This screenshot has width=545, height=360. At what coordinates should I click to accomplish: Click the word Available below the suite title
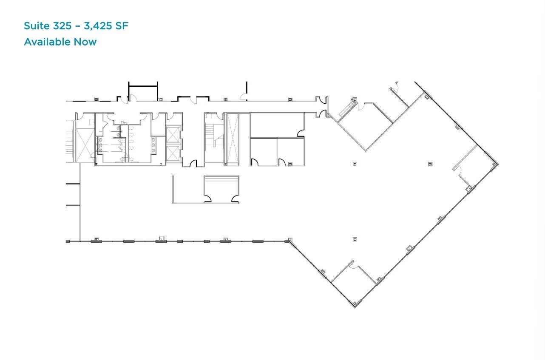pos(47,42)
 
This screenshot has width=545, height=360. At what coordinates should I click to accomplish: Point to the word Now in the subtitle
pos(85,42)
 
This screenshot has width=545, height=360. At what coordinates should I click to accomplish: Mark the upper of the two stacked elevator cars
pos(173,134)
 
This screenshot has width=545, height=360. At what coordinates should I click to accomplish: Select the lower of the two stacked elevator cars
pos(173,153)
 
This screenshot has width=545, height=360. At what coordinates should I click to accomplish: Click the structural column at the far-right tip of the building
pos(495,164)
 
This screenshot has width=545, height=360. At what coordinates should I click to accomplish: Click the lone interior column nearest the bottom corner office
pos(355,239)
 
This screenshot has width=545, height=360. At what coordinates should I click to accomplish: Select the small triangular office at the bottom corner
pos(354,284)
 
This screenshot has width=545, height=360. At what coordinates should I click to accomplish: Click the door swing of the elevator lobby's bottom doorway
pos(193,163)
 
